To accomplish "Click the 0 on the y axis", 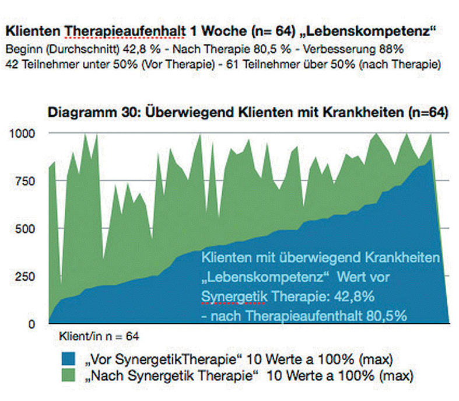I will tap(32, 323).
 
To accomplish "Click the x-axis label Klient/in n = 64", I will tap(99, 337).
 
